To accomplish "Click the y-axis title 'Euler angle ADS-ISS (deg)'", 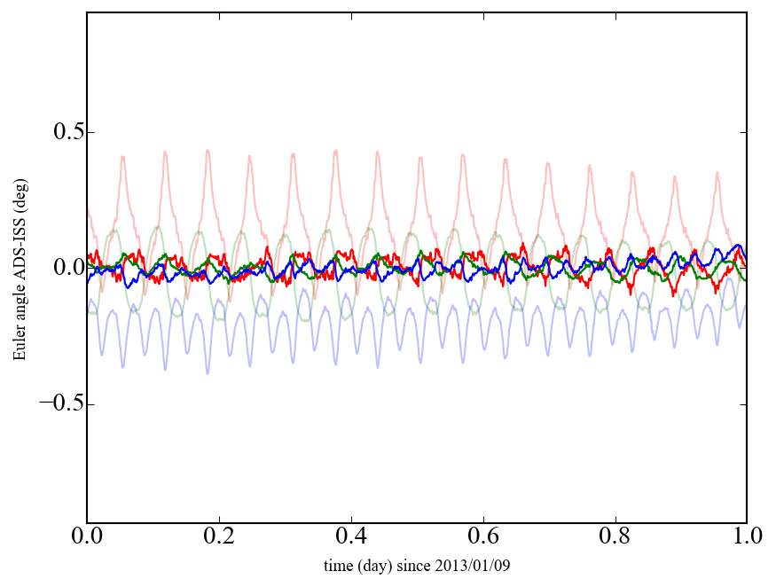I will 19,268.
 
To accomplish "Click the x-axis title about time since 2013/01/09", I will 417,566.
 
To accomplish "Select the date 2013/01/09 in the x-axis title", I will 479,566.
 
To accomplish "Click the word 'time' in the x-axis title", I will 336,566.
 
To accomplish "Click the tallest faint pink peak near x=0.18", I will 208,151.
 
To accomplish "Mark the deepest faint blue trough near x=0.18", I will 208,373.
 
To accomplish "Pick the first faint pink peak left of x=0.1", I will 123,157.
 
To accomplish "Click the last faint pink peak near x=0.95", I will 717,172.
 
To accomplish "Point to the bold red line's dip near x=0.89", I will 674,293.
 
